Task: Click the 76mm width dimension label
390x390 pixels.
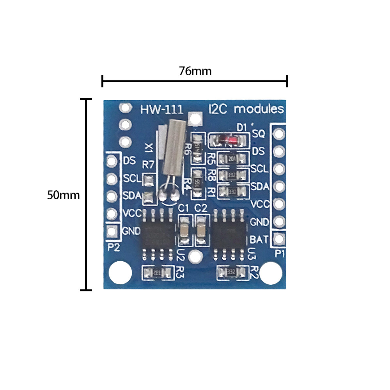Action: pos(195,71)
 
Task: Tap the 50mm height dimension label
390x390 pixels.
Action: pos(63,195)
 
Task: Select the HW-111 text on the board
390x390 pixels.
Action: pos(161,109)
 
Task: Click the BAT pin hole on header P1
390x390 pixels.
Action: pos(279,239)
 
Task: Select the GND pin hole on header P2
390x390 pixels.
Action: pos(112,231)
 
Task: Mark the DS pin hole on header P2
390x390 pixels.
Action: pos(112,161)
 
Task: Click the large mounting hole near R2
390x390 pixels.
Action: pos(271,273)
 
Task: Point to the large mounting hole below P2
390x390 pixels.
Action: pos(120,273)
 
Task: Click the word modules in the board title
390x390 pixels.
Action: pos(259,109)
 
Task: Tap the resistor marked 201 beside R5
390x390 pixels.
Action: pos(233,159)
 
